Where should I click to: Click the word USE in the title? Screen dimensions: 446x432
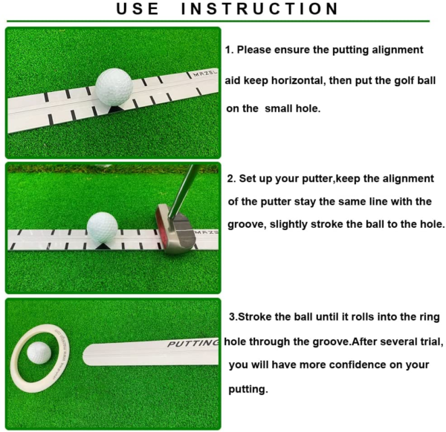click(x=138, y=8)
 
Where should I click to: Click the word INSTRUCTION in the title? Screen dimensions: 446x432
click(x=259, y=8)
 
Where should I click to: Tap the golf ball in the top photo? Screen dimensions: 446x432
click(x=114, y=87)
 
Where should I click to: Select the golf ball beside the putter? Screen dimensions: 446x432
click(x=102, y=227)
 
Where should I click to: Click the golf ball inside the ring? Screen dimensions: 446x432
click(x=39, y=353)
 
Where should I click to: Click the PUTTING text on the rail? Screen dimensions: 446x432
click(x=193, y=344)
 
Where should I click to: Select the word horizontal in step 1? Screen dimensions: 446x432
click(x=297, y=80)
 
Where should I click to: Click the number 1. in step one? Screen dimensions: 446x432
click(x=229, y=50)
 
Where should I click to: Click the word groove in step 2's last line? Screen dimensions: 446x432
click(x=246, y=225)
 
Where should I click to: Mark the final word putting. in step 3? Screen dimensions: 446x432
click(x=248, y=390)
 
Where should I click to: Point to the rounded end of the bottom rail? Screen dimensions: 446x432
click(x=85, y=355)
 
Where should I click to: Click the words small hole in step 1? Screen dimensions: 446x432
click(x=292, y=108)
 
